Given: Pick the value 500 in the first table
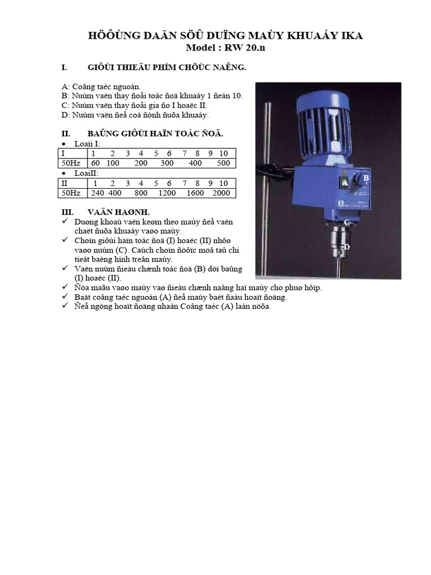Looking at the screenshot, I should [223, 163].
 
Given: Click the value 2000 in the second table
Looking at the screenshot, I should [221, 193].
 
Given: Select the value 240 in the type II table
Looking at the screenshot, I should [98, 193].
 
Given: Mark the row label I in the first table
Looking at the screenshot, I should [63, 153].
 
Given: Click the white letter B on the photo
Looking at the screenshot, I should [365, 178].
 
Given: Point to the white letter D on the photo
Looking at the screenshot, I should [347, 247].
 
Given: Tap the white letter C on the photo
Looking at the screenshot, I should [346, 222].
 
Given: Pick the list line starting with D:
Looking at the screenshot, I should [135, 115].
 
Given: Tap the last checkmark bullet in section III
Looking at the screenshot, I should [65, 307].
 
